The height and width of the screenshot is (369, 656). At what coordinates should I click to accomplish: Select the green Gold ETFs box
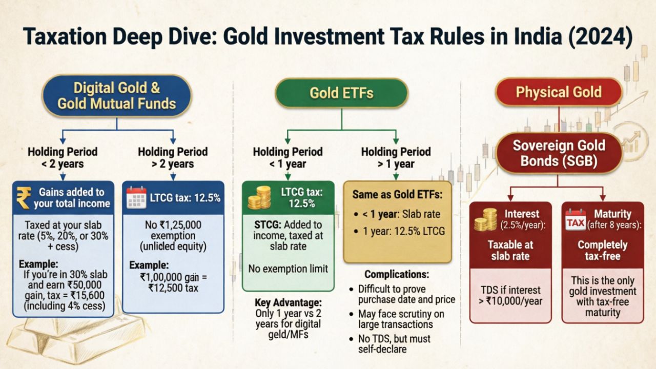coord(341,93)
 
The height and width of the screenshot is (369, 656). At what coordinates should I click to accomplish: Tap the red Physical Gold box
coord(558,92)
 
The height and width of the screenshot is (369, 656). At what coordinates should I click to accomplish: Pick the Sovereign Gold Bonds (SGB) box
coord(559,152)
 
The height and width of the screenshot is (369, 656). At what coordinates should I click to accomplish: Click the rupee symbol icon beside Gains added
coord(24,197)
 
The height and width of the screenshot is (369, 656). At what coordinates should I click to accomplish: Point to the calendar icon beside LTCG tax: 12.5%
coord(136,197)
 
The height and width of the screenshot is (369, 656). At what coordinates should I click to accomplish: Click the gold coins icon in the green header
coord(259,197)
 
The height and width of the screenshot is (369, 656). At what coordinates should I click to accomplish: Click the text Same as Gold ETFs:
coord(397,195)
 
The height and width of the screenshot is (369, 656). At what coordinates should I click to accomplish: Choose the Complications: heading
coord(397,275)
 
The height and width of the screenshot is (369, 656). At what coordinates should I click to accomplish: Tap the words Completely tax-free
coord(602,250)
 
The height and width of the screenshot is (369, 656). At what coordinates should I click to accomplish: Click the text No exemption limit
coord(288,268)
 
